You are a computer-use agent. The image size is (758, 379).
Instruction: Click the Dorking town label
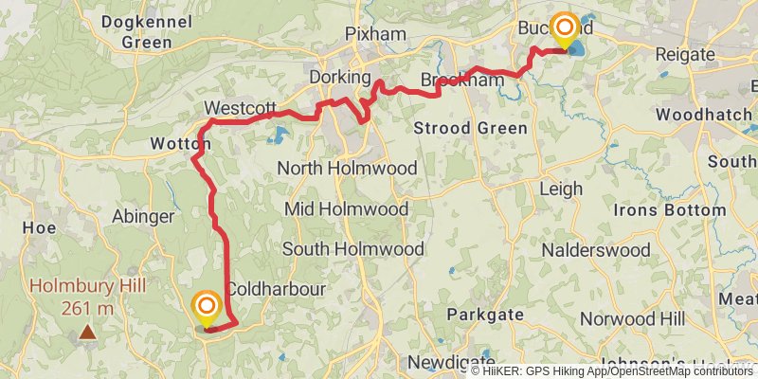(339, 76)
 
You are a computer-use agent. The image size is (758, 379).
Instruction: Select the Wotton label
(178, 144)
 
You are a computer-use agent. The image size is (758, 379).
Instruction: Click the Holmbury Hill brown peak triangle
(87, 332)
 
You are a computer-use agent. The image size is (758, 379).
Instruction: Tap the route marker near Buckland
(566, 27)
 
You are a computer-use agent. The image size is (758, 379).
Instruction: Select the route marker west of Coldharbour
(206, 307)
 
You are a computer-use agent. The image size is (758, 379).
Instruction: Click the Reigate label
(684, 54)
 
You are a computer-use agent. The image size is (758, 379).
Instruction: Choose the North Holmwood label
(347, 168)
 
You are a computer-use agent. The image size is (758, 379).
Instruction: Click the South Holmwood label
(352, 249)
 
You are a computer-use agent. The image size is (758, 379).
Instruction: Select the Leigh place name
(560, 189)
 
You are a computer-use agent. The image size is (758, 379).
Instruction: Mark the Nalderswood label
(596, 250)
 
